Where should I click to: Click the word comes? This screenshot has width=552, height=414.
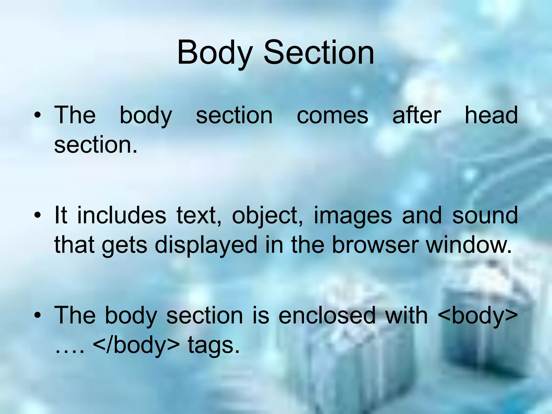pos(332,116)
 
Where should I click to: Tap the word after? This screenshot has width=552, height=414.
pos(416,115)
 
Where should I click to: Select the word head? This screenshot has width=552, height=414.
pos(491,115)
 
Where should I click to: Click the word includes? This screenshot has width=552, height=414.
pos(122,215)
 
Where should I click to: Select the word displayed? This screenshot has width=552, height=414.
pos(206,245)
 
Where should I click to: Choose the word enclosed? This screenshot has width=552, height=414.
pos(327,315)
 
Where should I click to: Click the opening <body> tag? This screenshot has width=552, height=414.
pos(478,316)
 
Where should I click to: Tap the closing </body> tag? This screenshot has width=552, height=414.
pos(136,345)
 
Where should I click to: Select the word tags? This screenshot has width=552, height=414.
pos(213,346)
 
